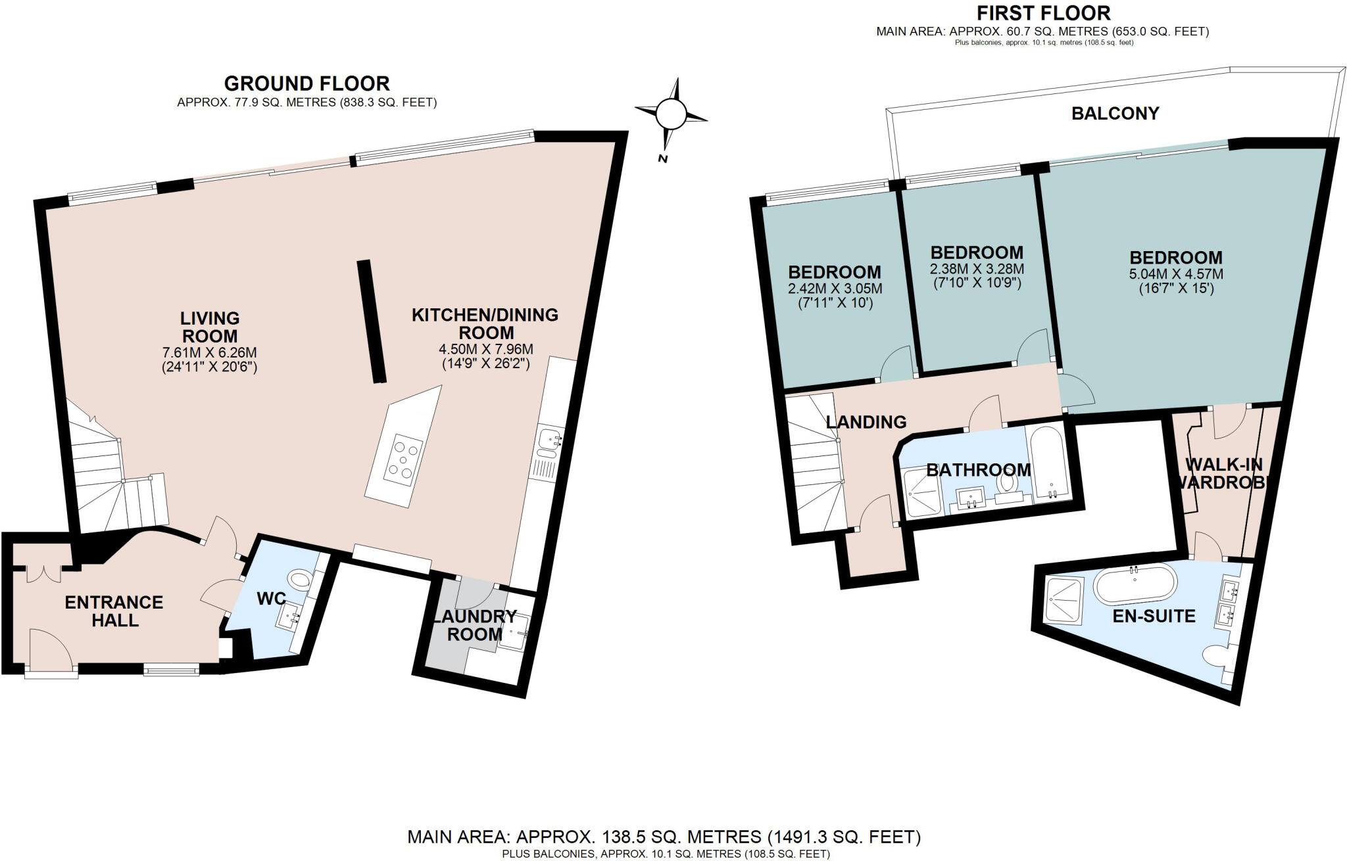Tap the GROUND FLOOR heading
tap(306, 83)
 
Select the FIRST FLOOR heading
tap(1043, 12)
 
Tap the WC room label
tap(271, 599)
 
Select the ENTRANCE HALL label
tap(114, 611)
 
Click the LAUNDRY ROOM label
tap(474, 625)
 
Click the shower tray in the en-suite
tap(1064, 599)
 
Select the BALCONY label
tap(1115, 114)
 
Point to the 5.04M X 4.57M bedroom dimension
tap(1175, 273)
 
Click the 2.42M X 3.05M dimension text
tap(835, 289)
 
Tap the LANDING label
tap(866, 422)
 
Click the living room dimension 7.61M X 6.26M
tap(209, 352)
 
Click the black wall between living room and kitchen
tap(372, 321)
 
